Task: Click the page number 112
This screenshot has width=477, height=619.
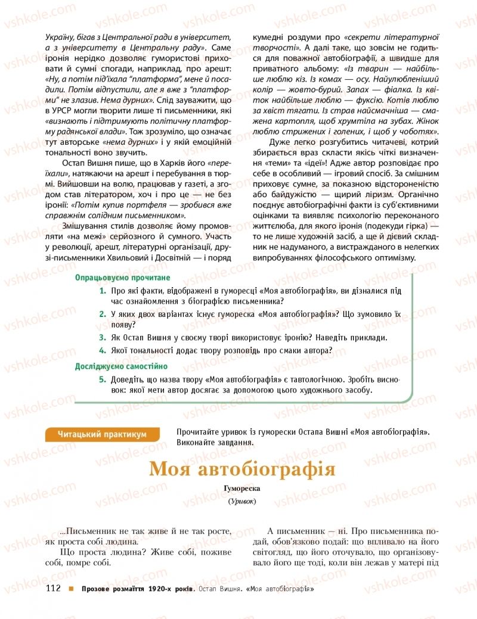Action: coord(54,589)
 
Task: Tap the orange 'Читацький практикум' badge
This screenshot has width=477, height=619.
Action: coord(102,435)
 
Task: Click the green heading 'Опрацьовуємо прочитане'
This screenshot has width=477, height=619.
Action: coord(122,278)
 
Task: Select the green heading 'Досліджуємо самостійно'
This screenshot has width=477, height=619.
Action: coord(121,366)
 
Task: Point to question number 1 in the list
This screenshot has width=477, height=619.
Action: coord(103,291)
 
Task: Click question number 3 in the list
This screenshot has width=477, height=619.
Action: coord(103,337)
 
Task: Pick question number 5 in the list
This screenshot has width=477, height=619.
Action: coord(103,379)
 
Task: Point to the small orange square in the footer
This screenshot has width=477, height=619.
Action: coord(71,590)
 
